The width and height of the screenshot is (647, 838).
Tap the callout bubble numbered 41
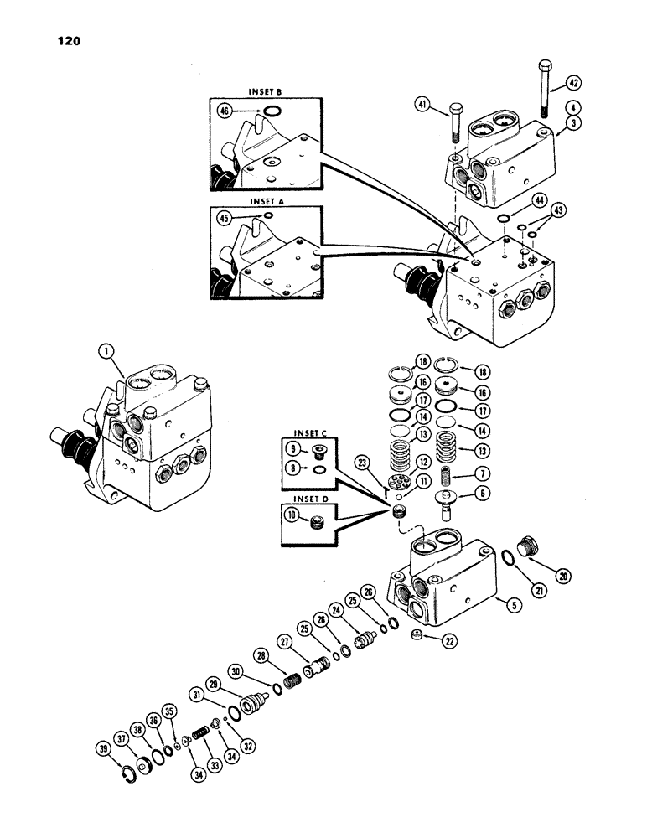click(423, 105)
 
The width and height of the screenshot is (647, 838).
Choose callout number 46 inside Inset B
click(224, 110)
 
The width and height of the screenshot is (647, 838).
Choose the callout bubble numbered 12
click(425, 461)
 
